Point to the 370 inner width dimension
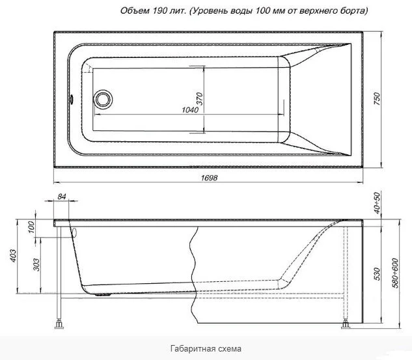pos(200,99)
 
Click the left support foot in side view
pos(61,322)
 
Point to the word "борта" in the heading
pos(351,11)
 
